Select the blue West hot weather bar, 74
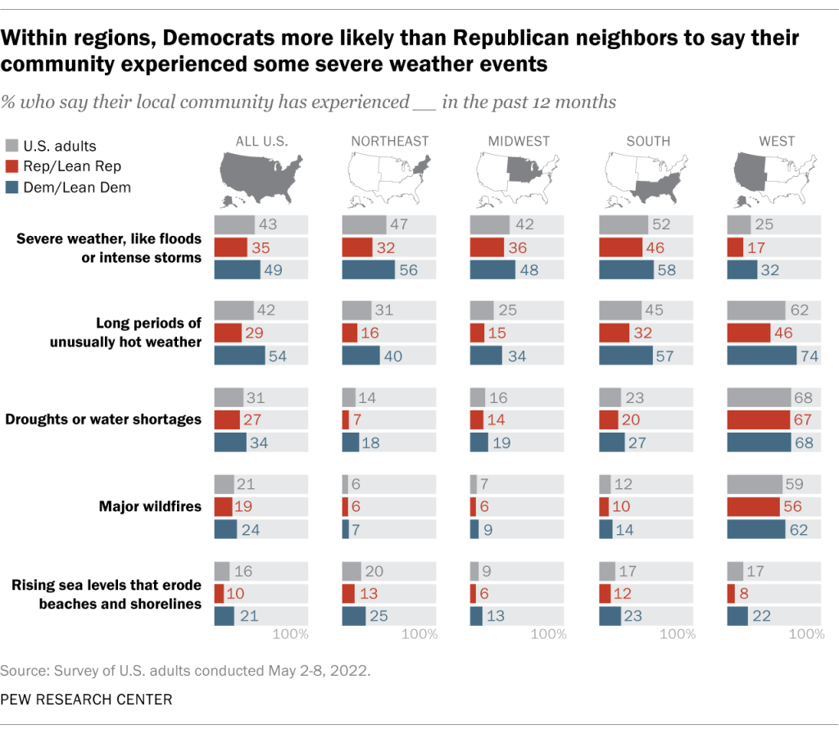(761, 356)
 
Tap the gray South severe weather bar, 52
(624, 225)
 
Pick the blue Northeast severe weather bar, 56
(367, 270)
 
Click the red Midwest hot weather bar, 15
(477, 333)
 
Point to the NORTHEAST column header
(390, 141)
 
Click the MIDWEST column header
(518, 141)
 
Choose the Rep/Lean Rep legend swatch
(11, 166)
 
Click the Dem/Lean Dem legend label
(76, 187)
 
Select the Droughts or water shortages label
(103, 419)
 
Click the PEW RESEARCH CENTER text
(86, 699)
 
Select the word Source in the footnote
(23, 671)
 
